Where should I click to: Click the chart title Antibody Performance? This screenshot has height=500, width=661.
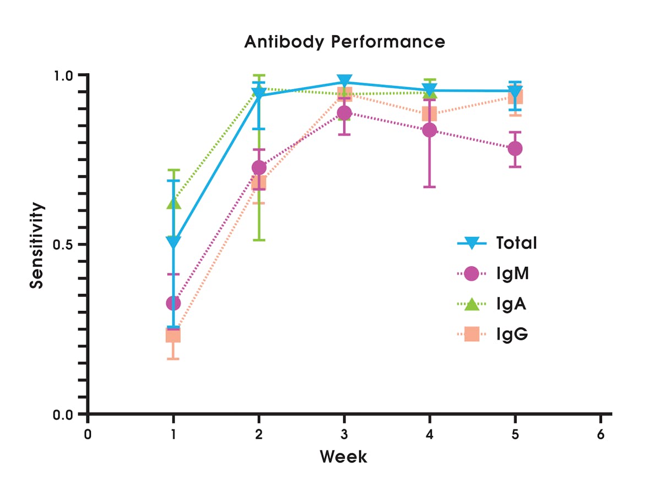(344, 42)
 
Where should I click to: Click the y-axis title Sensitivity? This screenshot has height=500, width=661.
(36, 246)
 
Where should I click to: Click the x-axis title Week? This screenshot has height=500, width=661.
(343, 456)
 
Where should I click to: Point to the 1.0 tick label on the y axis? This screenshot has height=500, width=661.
(69, 75)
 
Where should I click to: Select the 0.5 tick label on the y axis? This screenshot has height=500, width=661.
(69, 245)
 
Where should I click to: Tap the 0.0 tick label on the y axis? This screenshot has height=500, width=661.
(69, 414)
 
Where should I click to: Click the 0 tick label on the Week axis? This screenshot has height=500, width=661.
(88, 434)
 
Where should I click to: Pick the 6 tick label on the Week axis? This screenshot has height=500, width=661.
(600, 434)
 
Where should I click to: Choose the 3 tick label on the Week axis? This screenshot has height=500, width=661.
(344, 434)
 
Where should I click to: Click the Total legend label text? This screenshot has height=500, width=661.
(516, 243)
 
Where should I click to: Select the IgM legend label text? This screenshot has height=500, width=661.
(512, 273)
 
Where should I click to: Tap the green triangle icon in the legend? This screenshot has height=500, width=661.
(472, 304)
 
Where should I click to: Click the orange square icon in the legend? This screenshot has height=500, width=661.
(472, 334)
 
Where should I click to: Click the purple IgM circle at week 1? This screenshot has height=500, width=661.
(174, 303)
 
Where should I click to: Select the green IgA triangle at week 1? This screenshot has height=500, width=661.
(174, 203)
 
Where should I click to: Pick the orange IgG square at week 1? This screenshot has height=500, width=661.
(174, 335)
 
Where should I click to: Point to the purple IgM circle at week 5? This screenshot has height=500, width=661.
(515, 149)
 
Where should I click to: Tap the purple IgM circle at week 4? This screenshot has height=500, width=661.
(430, 130)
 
